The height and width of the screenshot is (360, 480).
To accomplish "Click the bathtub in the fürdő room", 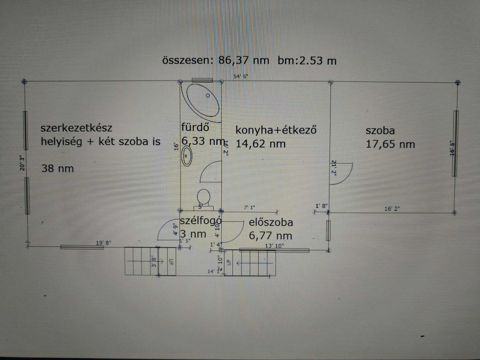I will click(x=203, y=99).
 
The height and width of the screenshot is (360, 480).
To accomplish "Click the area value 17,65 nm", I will click(x=390, y=144).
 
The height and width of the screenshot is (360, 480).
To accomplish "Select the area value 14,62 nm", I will click(x=261, y=144).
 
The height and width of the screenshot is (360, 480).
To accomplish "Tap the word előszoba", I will click(x=271, y=223).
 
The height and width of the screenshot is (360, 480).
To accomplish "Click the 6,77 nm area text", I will click(x=271, y=235).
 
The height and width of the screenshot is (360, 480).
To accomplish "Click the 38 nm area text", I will click(x=58, y=168).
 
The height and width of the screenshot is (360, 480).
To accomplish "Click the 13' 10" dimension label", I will click(x=274, y=246).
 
